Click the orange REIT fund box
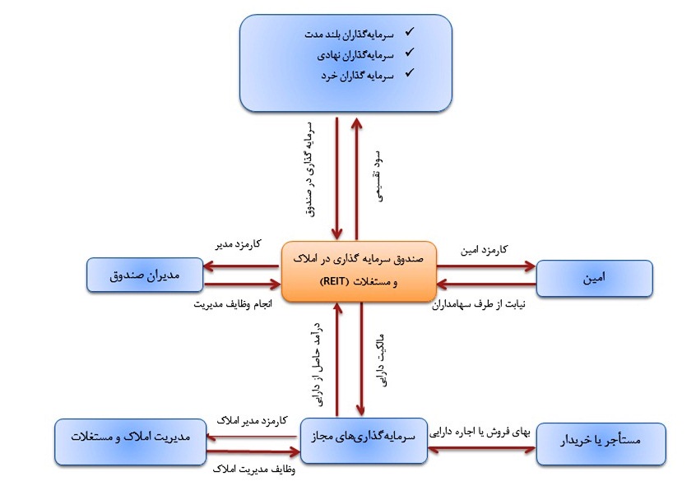tap(359, 271)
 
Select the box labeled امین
tap(594, 278)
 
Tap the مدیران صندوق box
tap(145, 275)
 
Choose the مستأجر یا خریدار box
tap(601, 443)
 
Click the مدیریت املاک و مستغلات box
tap(131, 442)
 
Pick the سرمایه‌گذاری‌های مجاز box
tap(364, 441)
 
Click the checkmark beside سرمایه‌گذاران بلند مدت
tap(409, 31)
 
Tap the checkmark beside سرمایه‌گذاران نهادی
tap(409, 53)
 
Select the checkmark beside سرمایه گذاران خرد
tap(409, 72)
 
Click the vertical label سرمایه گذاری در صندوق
tap(310, 169)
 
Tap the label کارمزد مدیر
tap(239, 244)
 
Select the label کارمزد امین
tap(484, 250)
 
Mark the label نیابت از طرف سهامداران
tap(479, 304)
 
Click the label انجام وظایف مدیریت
tap(233, 304)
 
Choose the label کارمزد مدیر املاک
tap(252, 420)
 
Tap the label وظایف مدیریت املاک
tap(254, 470)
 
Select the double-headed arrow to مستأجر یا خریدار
tap(481, 450)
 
